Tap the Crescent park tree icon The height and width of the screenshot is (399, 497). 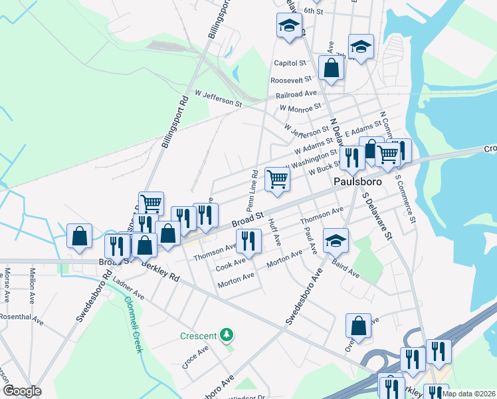point(227,334)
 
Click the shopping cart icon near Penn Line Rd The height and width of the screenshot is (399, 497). point(276,178)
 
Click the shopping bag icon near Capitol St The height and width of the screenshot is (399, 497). point(331,67)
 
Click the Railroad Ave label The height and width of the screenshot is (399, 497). point(293,94)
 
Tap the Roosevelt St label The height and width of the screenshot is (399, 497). point(287,80)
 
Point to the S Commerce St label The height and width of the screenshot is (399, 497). point(405,198)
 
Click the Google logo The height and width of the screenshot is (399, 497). point(22,391)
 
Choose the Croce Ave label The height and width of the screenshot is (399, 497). point(196,356)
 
